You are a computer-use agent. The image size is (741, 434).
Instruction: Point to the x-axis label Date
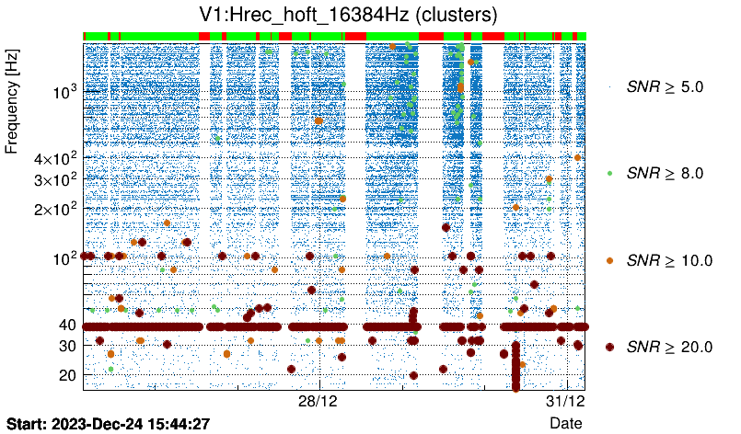[565, 422]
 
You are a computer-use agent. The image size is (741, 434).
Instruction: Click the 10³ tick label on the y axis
[64, 92]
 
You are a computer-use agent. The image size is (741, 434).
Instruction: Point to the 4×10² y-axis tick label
[54, 158]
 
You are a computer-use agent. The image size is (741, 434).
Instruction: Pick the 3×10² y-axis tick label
[54, 179]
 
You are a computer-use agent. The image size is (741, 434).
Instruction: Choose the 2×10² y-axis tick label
[54, 209]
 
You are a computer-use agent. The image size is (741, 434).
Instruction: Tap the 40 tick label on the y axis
[67, 325]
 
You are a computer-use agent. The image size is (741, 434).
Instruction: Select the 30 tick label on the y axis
[67, 346]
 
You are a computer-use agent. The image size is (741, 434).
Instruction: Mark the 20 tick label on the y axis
[67, 375]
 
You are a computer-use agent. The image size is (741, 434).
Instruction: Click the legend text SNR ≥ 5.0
[665, 86]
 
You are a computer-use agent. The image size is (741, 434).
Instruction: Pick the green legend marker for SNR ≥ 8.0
[609, 173]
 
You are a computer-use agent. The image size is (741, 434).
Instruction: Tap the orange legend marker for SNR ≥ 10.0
[609, 260]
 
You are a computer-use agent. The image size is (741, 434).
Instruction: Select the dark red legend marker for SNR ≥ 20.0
[609, 347]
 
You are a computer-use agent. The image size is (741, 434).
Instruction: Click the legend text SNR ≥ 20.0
[669, 347]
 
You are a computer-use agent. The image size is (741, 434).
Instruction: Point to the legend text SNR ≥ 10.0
[669, 260]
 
